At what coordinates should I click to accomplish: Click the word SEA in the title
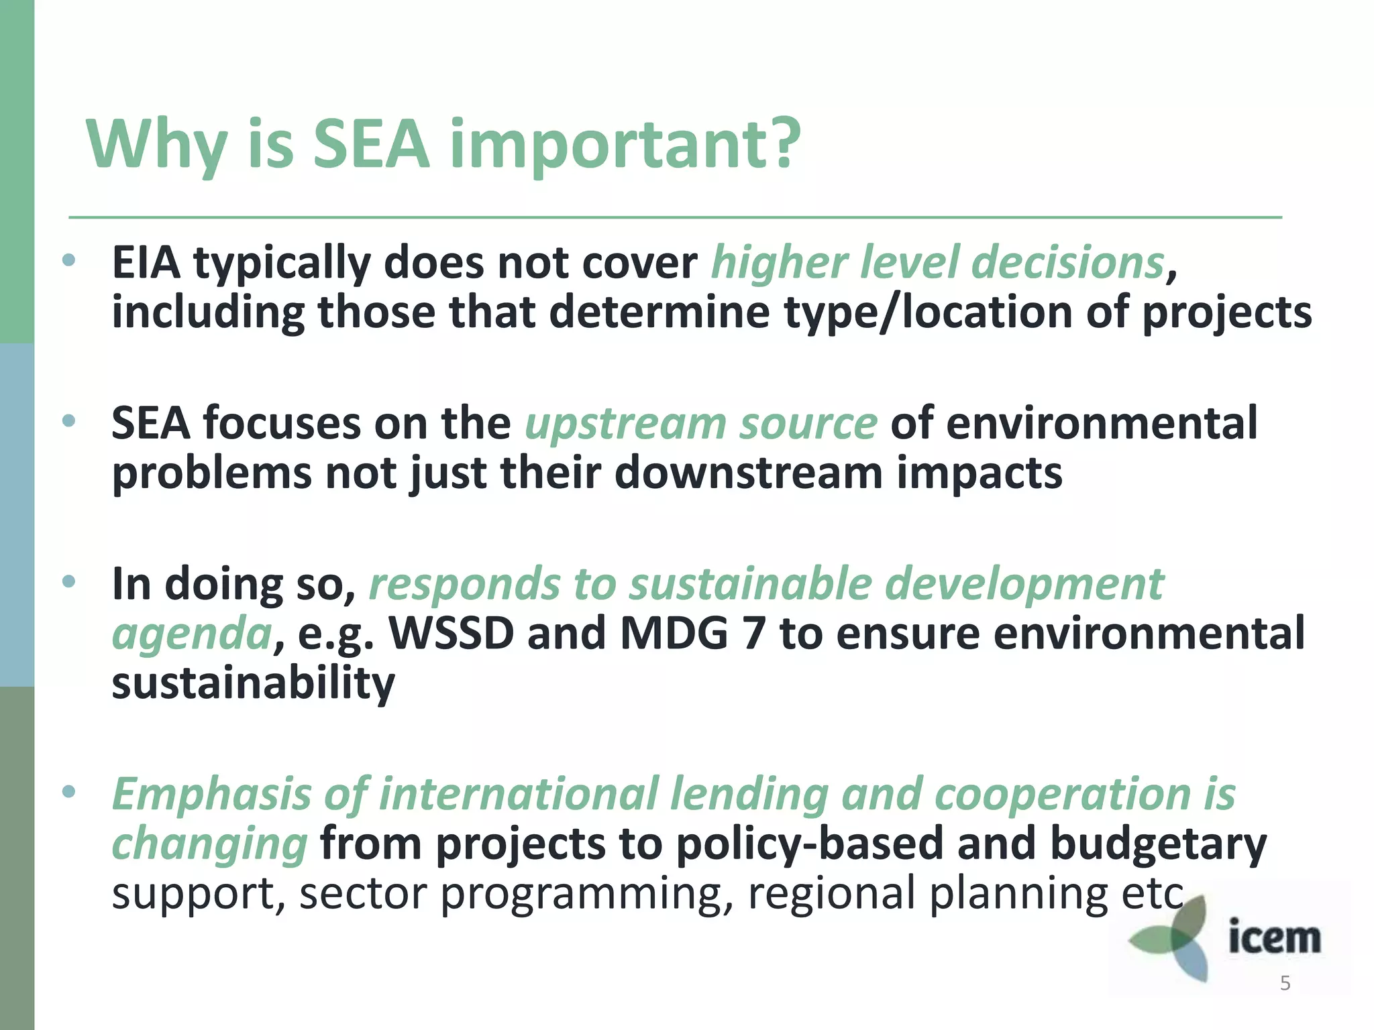[371, 144]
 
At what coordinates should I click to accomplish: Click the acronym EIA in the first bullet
[146, 262]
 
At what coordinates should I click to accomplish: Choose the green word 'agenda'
[191, 634]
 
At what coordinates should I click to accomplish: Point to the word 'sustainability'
[253, 684]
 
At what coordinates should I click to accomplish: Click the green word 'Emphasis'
[211, 795]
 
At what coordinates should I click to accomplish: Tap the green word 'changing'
[209, 845]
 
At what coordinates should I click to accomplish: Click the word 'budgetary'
[1158, 845]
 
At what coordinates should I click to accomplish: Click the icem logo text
[1274, 937]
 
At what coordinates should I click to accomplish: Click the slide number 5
[1285, 984]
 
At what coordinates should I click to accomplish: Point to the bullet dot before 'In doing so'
[68, 582]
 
